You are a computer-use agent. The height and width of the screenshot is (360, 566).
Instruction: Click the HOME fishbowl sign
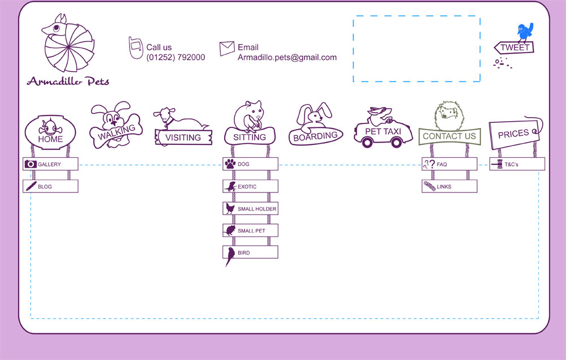point(50,132)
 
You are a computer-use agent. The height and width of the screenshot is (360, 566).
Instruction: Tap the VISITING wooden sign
point(183,137)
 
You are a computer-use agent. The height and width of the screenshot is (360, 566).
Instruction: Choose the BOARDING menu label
point(315,136)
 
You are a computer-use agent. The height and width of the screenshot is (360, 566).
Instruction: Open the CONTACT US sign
point(449,136)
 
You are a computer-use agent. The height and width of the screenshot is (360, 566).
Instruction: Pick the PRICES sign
point(514,134)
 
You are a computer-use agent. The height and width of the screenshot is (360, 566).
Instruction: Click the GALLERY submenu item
point(50,164)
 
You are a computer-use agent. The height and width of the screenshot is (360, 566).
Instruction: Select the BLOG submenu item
point(50,186)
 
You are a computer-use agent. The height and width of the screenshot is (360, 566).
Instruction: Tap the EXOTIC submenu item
point(251,186)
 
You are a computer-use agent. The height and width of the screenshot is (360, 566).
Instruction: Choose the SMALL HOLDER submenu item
point(251,208)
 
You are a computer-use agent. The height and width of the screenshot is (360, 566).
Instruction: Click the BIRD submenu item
point(251,252)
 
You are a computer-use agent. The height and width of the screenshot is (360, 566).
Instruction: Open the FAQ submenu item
point(449,164)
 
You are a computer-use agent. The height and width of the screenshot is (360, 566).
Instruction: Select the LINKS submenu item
point(449,186)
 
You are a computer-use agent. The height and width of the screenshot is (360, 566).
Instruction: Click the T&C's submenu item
point(517,164)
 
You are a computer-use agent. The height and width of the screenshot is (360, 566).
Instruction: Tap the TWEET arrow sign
point(514,48)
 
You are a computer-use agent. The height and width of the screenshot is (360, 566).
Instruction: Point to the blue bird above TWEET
point(525,32)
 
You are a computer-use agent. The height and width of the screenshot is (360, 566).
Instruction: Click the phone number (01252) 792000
point(175,57)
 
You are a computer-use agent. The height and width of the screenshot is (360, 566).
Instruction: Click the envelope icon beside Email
point(227,48)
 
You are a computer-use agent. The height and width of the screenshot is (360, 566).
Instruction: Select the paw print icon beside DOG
point(230,164)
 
